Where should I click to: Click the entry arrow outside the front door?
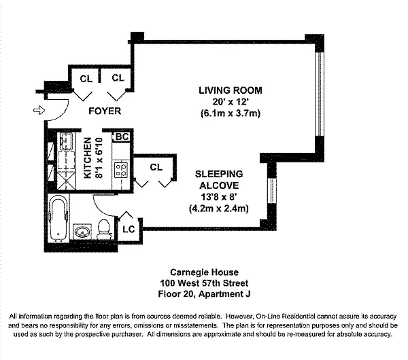click(x=39, y=110)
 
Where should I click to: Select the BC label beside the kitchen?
click(x=122, y=136)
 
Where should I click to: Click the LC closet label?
click(x=129, y=229)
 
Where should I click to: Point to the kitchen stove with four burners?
click(x=120, y=168)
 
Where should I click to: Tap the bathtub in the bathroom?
click(x=60, y=217)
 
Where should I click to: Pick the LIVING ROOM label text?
click(x=230, y=90)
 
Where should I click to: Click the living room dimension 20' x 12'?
click(x=230, y=102)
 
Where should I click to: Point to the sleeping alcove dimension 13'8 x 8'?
click(x=218, y=197)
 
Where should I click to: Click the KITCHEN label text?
click(x=88, y=157)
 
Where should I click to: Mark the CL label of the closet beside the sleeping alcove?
click(x=156, y=166)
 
